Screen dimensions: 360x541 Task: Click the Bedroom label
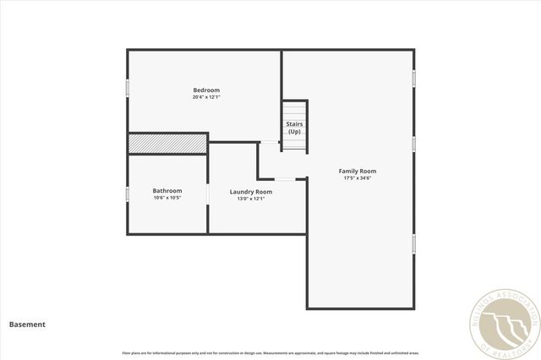[x=206, y=90]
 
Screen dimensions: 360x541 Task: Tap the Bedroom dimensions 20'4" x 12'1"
[x=206, y=98]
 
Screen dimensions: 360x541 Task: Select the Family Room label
[x=358, y=171]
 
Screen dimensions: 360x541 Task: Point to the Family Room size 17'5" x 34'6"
[x=358, y=178]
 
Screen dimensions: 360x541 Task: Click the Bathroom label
[x=167, y=191]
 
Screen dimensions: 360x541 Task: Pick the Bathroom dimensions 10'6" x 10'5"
[x=167, y=199]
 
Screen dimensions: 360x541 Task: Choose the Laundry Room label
[x=251, y=192]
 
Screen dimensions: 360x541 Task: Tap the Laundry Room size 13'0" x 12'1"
[x=251, y=199]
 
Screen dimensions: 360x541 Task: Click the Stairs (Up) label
[x=294, y=128]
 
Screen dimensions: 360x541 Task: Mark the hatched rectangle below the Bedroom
[x=167, y=145]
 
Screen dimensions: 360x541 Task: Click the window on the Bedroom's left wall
[x=128, y=88]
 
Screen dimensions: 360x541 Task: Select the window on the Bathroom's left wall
[x=128, y=194]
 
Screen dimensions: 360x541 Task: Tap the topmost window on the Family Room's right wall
[x=413, y=78]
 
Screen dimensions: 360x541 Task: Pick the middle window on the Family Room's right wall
[x=413, y=144]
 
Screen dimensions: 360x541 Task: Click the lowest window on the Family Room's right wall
[x=413, y=243]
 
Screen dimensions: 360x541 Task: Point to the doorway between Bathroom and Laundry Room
[x=208, y=194]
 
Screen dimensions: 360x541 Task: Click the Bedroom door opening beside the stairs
[x=269, y=142]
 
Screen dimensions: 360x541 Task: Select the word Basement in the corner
[x=27, y=324]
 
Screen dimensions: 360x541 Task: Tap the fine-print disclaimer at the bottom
[x=270, y=352]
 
